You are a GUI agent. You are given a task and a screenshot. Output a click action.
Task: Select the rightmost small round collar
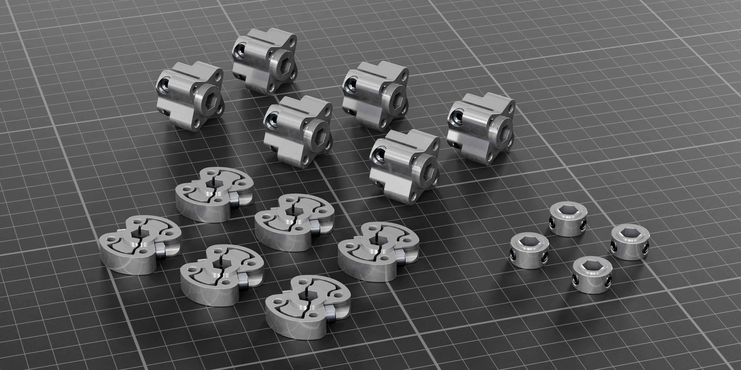(x=629, y=242)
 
